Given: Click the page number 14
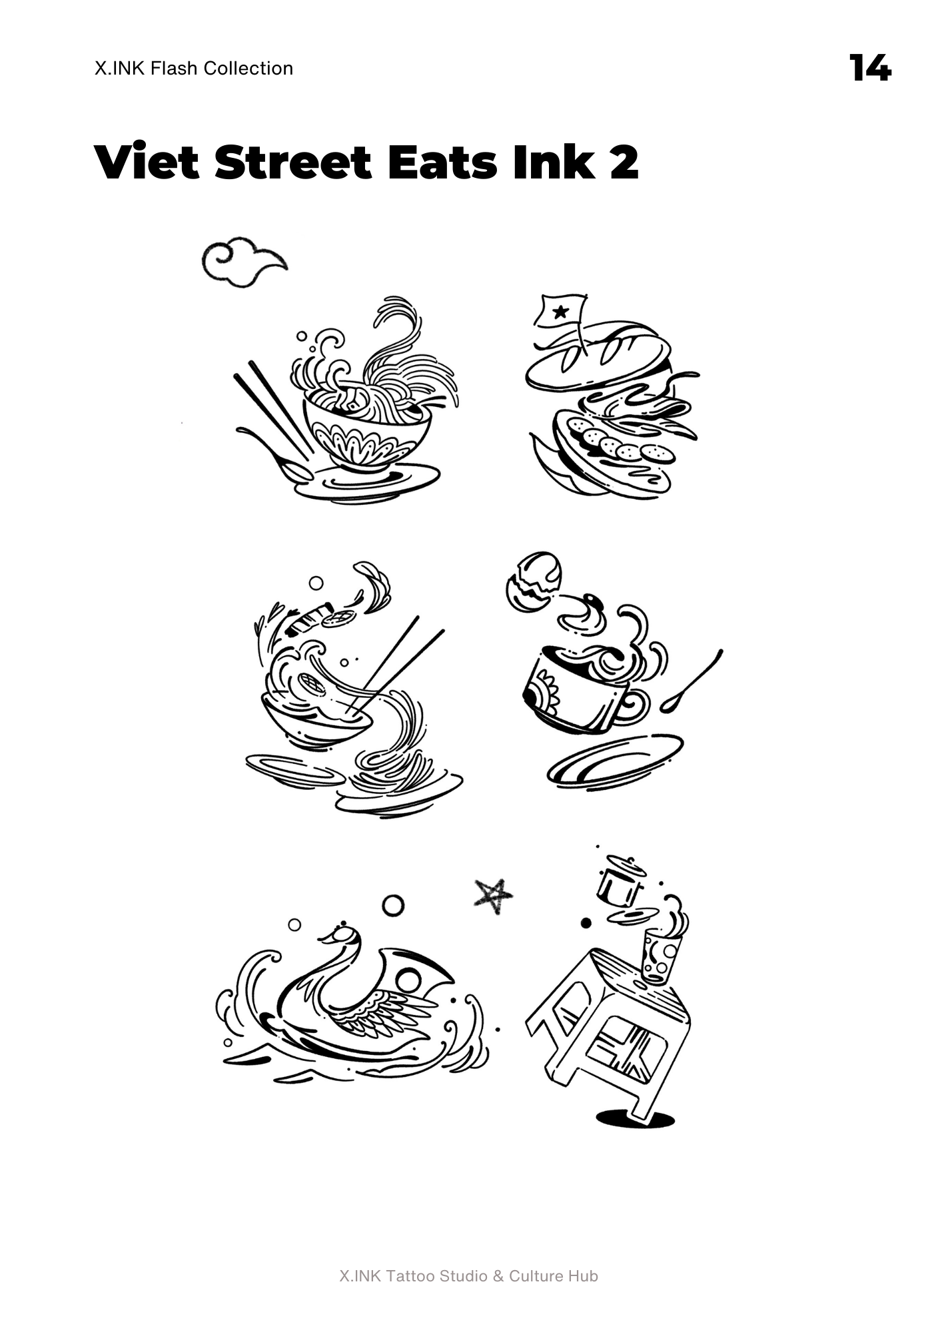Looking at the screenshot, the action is [x=870, y=68].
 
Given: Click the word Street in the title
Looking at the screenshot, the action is [x=292, y=162].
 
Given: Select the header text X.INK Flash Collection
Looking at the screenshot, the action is [x=194, y=68].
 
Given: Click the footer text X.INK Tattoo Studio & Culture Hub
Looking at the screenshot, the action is [x=469, y=1276].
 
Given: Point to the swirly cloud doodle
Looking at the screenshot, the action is [x=244, y=262].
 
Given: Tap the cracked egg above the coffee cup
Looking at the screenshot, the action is [x=534, y=581].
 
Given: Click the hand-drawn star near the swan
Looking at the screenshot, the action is [x=494, y=896].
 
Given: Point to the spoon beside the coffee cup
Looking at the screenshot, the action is [x=692, y=681].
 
